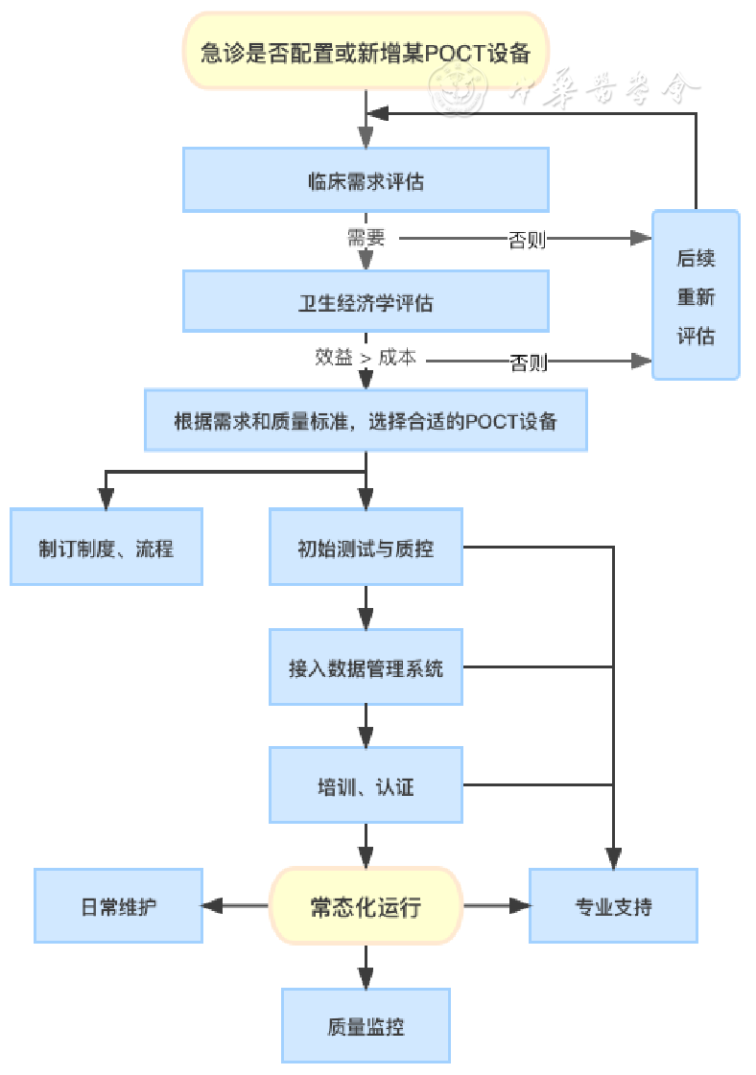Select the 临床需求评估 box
tap(366, 180)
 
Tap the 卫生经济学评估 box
tap(366, 302)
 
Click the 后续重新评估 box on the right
tap(696, 296)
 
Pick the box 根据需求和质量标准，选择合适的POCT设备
tap(366, 421)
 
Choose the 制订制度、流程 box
tap(106, 548)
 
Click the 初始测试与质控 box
tap(366, 548)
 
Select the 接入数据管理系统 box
tap(366, 668)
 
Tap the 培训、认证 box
tap(366, 787)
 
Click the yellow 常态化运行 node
tap(366, 906)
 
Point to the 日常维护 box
tap(119, 906)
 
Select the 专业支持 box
tap(613, 906)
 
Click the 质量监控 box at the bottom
tap(366, 1026)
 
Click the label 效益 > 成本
tap(366, 357)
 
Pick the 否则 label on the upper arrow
tap(527, 240)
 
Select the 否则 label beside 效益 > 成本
tap(529, 362)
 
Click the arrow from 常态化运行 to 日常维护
tap(236, 906)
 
